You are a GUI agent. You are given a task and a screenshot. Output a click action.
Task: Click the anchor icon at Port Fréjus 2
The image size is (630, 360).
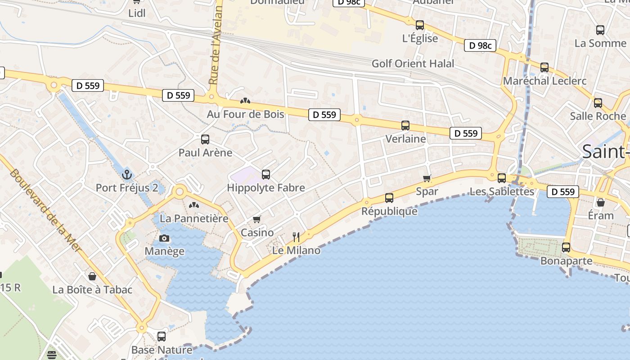point(126,174)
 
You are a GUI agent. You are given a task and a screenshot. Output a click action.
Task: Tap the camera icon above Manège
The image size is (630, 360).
point(164,238)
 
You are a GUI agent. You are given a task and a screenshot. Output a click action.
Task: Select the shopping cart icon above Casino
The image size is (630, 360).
point(256,219)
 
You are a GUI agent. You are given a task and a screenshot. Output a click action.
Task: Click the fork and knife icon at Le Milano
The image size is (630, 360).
point(296,237)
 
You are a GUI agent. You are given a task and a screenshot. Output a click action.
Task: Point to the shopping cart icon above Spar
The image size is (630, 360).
point(427,178)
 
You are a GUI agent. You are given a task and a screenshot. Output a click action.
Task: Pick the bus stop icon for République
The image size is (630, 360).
point(389,198)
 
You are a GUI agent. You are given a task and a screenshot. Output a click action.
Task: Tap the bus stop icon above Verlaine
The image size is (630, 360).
point(405,126)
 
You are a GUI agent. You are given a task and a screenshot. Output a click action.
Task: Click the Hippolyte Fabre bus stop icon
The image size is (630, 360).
point(266,174)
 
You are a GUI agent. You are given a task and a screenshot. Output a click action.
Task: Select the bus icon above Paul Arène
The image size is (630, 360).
point(205,139)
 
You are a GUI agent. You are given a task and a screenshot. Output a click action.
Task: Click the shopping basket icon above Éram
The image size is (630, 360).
point(601,202)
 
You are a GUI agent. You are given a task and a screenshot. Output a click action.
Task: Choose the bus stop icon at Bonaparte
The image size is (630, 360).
point(566,247)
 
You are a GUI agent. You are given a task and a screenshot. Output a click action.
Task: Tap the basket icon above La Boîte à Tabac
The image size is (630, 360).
point(92,276)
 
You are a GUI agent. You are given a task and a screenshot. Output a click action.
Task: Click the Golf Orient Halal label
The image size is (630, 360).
point(413,63)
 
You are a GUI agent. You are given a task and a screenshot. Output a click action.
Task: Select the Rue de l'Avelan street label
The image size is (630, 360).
point(216,43)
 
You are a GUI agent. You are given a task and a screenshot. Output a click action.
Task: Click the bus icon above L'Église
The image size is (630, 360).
point(420,25)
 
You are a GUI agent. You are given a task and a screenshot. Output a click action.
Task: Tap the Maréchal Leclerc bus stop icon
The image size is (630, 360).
point(544,67)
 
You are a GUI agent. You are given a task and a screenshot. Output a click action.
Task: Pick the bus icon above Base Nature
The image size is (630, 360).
point(162,336)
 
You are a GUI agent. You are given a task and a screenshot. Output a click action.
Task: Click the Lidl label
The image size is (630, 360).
point(137,13)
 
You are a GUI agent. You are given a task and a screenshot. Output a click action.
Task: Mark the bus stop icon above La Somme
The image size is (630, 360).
point(600,30)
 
